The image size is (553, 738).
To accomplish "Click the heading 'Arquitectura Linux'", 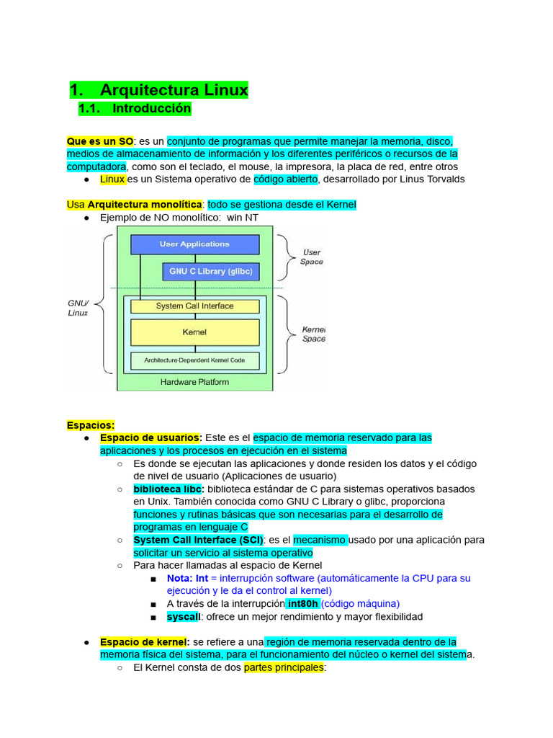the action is (174, 90).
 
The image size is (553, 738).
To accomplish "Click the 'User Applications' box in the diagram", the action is (194, 244).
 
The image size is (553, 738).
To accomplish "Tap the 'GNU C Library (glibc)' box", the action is (210, 272).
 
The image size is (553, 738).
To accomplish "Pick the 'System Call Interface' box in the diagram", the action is (194, 306).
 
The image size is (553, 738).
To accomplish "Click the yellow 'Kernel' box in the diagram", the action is (194, 332).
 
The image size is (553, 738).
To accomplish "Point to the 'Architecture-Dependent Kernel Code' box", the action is (194, 360).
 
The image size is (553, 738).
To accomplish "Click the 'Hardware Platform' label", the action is (194, 382).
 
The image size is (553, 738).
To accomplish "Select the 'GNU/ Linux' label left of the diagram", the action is (78, 308).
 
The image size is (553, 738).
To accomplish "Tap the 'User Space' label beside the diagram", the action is (311, 257).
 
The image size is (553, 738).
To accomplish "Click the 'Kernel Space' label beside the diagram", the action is (313, 334).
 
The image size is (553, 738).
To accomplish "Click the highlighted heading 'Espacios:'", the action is (91, 425).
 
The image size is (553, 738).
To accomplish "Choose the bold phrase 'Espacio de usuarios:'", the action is (151, 437).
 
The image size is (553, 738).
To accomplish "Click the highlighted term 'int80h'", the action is (302, 603).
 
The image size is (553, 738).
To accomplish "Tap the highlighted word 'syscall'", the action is (183, 617).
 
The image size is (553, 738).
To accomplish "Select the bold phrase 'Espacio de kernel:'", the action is (145, 641).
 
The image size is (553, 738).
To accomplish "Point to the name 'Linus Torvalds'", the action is (428, 179).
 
